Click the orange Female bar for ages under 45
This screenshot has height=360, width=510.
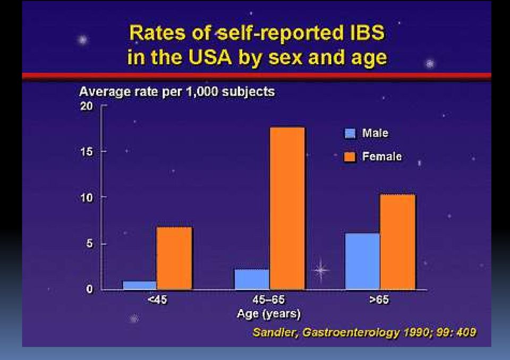click(x=174, y=258)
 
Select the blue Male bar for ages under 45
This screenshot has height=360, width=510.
click(x=140, y=285)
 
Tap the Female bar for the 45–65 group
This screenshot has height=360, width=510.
click(x=287, y=209)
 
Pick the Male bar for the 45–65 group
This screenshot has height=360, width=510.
click(x=252, y=279)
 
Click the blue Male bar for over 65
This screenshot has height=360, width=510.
click(x=362, y=261)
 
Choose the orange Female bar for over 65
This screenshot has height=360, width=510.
click(x=397, y=242)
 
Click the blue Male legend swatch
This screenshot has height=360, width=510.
click(x=350, y=133)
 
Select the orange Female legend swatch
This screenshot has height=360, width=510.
click(x=350, y=157)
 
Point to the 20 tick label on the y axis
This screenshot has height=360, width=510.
click(x=86, y=106)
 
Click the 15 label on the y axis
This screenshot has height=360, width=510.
click(x=86, y=151)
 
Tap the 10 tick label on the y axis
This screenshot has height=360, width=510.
click(x=86, y=198)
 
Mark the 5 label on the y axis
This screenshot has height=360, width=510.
click(x=89, y=244)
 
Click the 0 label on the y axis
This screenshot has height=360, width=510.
click(x=89, y=289)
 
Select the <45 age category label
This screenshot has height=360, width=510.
click(x=157, y=299)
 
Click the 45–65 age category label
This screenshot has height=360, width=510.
click(x=269, y=299)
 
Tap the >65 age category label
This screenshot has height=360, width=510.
click(x=379, y=299)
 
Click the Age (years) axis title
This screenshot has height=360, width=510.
click(x=269, y=314)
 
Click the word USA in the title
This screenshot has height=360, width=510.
click(x=210, y=57)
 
